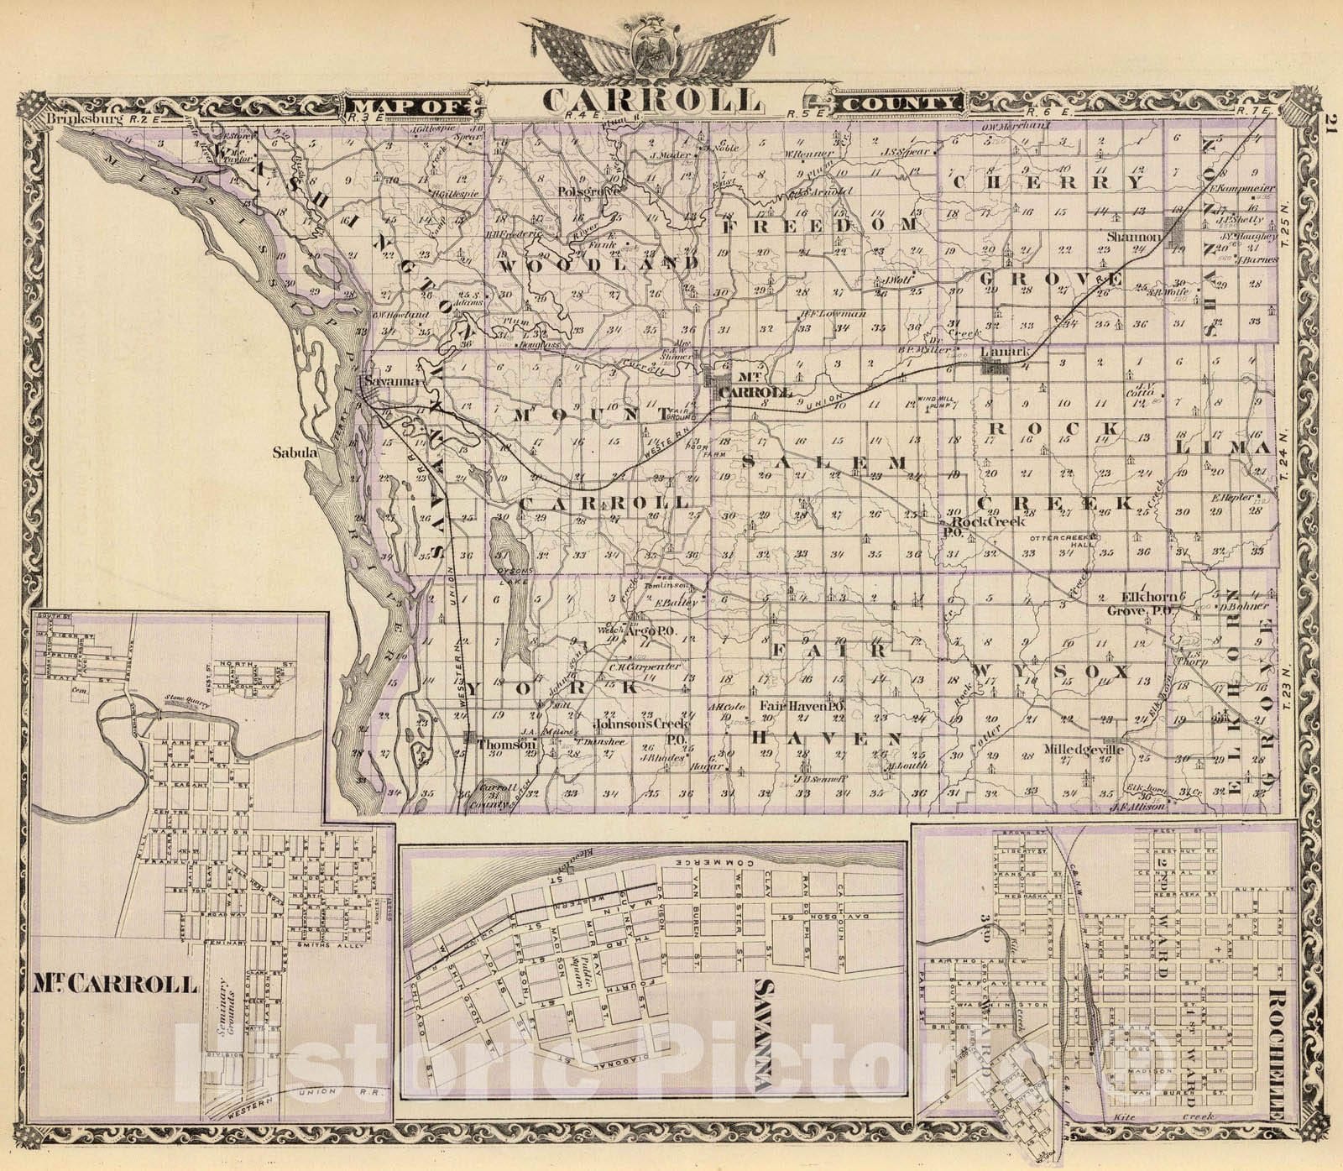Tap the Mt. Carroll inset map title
(x=118, y=984)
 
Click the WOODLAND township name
(x=599, y=264)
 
